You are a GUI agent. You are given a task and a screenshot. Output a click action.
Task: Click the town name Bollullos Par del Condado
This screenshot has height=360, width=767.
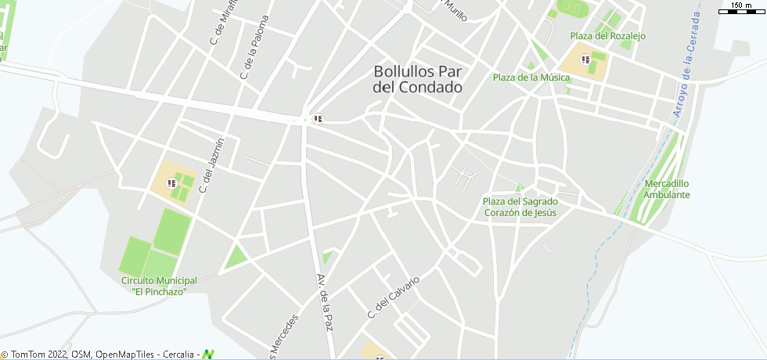click(x=417, y=79)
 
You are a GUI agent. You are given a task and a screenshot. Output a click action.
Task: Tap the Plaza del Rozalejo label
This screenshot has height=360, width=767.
click(x=608, y=36)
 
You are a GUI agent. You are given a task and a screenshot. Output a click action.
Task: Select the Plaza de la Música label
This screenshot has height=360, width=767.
click(x=531, y=77)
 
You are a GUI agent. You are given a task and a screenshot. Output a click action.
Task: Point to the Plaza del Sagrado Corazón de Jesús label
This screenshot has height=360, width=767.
click(x=520, y=207)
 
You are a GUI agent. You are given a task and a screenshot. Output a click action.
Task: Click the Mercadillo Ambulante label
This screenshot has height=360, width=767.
click(x=667, y=189)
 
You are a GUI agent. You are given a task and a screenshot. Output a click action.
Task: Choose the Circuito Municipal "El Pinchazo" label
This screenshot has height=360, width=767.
click(x=159, y=286)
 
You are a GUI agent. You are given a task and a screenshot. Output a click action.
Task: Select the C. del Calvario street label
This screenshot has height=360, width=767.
click(x=394, y=297)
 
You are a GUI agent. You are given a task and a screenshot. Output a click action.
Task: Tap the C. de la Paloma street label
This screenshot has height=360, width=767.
click(x=254, y=48)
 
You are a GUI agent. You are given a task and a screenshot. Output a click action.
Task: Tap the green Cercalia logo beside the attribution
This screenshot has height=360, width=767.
click(x=208, y=355)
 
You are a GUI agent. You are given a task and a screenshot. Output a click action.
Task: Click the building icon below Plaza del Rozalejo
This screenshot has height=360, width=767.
click(x=585, y=59)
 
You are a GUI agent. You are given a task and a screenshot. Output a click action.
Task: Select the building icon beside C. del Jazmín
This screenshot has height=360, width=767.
click(x=171, y=183)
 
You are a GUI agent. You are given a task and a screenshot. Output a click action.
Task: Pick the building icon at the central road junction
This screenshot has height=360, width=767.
click(x=318, y=119)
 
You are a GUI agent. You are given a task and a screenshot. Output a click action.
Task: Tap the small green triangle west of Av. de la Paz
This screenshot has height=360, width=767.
click(x=234, y=257)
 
